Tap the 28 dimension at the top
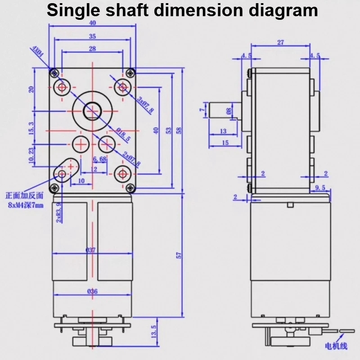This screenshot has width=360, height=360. point(92,48)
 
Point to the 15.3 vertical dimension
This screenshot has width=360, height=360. point(31,128)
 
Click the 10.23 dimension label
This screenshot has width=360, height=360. point(31,156)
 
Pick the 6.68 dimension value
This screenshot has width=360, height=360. point(99,159)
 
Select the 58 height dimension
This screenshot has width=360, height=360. point(179,130)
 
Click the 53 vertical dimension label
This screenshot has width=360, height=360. point(169,130)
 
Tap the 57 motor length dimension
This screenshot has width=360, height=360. point(179,255)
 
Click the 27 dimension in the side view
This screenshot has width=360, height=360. point(280,43)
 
